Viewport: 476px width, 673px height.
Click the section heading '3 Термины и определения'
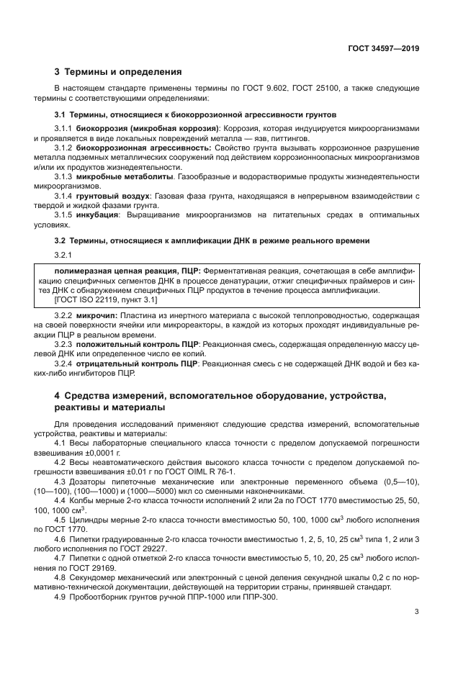click(118, 72)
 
